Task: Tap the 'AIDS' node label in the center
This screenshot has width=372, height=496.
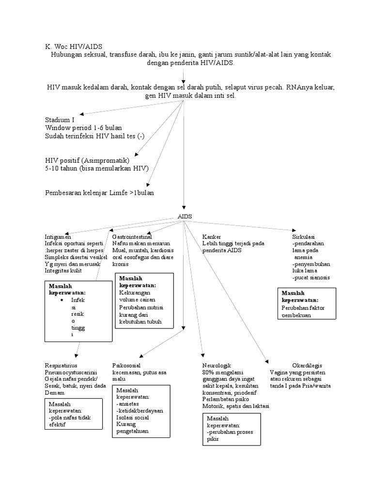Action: tap(185, 217)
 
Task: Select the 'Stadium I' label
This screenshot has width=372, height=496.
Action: tap(60, 120)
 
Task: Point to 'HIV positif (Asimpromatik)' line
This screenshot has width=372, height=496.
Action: tap(87, 160)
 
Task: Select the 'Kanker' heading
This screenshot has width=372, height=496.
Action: tap(211, 237)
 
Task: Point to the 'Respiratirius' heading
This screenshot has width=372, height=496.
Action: tap(61, 365)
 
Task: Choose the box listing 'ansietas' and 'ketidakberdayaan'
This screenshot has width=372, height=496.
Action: tap(141, 411)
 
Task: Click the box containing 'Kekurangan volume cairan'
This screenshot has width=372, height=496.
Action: tap(143, 300)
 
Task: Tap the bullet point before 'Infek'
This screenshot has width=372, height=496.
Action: tap(62, 300)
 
